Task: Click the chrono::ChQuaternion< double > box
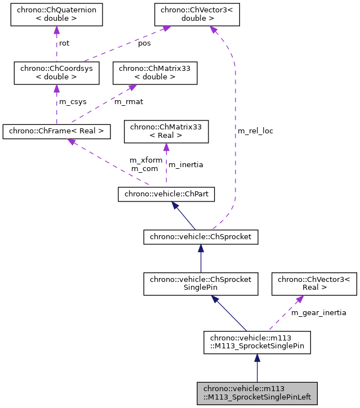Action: pos(56,15)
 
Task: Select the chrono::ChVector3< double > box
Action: pos(197,15)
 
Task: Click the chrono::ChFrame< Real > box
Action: pos(56,132)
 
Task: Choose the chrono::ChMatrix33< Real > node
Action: pos(166,132)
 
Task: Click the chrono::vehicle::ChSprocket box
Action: pos(201,237)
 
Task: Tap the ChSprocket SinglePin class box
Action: pos(201,284)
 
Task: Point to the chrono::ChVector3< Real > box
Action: pos(314,284)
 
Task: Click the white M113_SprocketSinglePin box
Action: pos(257,342)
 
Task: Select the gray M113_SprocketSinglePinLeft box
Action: pos(257,393)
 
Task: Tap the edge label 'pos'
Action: pos(144,43)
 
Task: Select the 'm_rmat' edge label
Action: pos(128,102)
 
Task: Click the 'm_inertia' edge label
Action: pos(186,165)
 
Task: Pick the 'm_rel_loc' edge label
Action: pos(255,131)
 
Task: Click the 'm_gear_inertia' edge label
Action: pos(318,312)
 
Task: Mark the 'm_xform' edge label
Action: pos(146,160)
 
